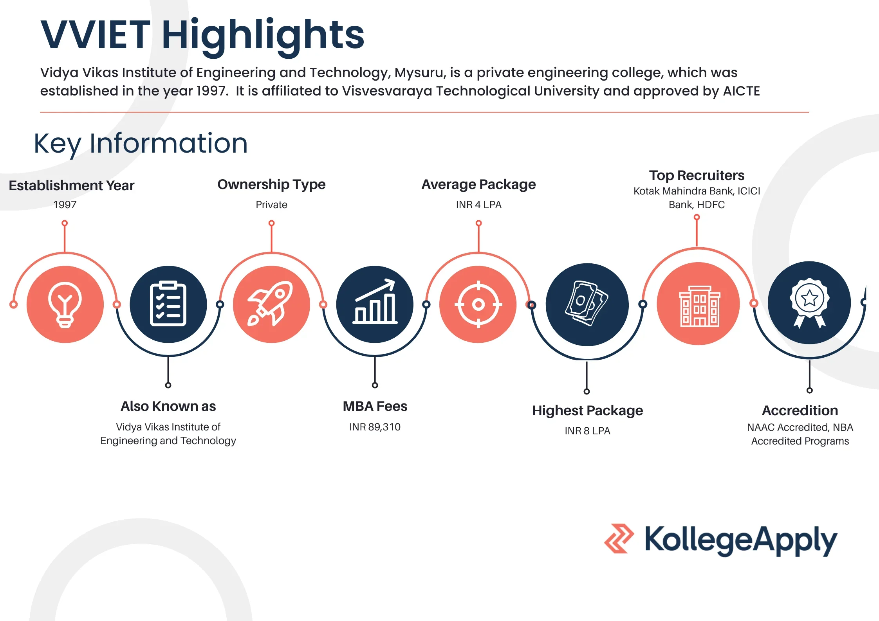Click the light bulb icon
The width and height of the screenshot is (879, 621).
pos(65,304)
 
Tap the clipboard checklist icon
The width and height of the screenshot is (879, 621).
pos(168,304)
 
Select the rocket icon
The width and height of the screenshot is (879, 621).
pos(270,304)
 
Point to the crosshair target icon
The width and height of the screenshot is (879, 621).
pos(478,304)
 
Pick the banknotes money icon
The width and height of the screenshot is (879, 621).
pos(587,303)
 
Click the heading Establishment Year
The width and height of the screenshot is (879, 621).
pos(72,185)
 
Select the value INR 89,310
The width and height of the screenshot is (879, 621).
pos(375,427)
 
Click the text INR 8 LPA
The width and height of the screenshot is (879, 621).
pos(587,431)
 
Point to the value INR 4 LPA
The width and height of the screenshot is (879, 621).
pos(478,205)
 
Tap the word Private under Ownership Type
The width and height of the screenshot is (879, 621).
pos(271,205)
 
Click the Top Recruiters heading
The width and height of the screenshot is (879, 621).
pos(697,175)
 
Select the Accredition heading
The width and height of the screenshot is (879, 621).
pos(800,410)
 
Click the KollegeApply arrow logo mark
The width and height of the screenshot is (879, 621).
pos(619,538)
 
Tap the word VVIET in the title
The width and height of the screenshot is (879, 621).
pos(95,35)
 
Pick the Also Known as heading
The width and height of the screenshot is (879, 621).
pos(168,406)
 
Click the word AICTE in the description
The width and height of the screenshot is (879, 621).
pos(741,91)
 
